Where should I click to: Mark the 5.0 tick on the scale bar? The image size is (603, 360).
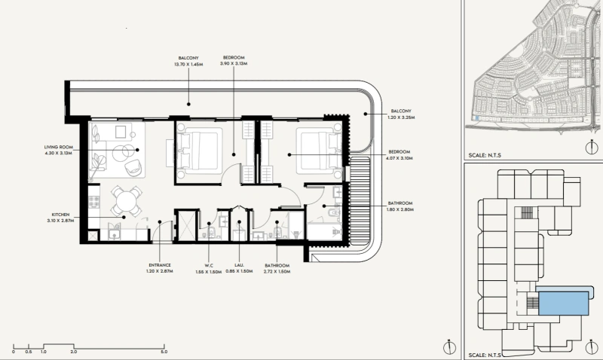[164, 348]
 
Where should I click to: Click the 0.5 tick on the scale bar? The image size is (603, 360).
[29, 348]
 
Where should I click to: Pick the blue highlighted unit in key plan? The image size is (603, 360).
[564, 304]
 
